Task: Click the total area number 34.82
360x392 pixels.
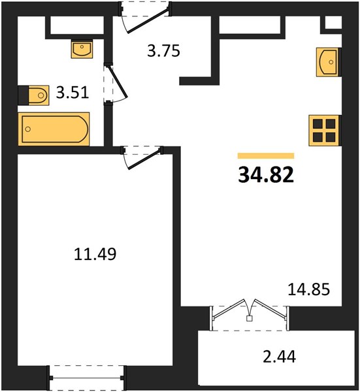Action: [x=266, y=174]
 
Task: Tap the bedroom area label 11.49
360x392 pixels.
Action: [x=95, y=254]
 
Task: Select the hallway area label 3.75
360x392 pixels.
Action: [x=163, y=51]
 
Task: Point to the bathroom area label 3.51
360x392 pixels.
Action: [x=73, y=93]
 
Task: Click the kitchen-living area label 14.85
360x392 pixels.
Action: [x=309, y=289]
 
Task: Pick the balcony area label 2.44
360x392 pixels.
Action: [x=280, y=356]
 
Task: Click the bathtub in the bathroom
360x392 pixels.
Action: [x=54, y=129]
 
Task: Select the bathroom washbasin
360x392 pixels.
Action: [x=82, y=50]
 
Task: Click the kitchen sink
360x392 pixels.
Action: [x=327, y=62]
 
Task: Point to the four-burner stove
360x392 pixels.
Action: [x=324, y=131]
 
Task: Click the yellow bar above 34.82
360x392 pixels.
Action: [x=266, y=155]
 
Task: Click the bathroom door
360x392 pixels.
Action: [x=116, y=84]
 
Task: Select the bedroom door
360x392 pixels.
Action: [x=142, y=157]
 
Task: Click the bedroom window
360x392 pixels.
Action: [x=87, y=378]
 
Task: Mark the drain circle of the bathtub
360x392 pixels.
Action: [x=28, y=129]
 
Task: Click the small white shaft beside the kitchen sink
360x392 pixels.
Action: [x=333, y=22]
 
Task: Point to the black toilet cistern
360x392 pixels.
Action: [x=24, y=95]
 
